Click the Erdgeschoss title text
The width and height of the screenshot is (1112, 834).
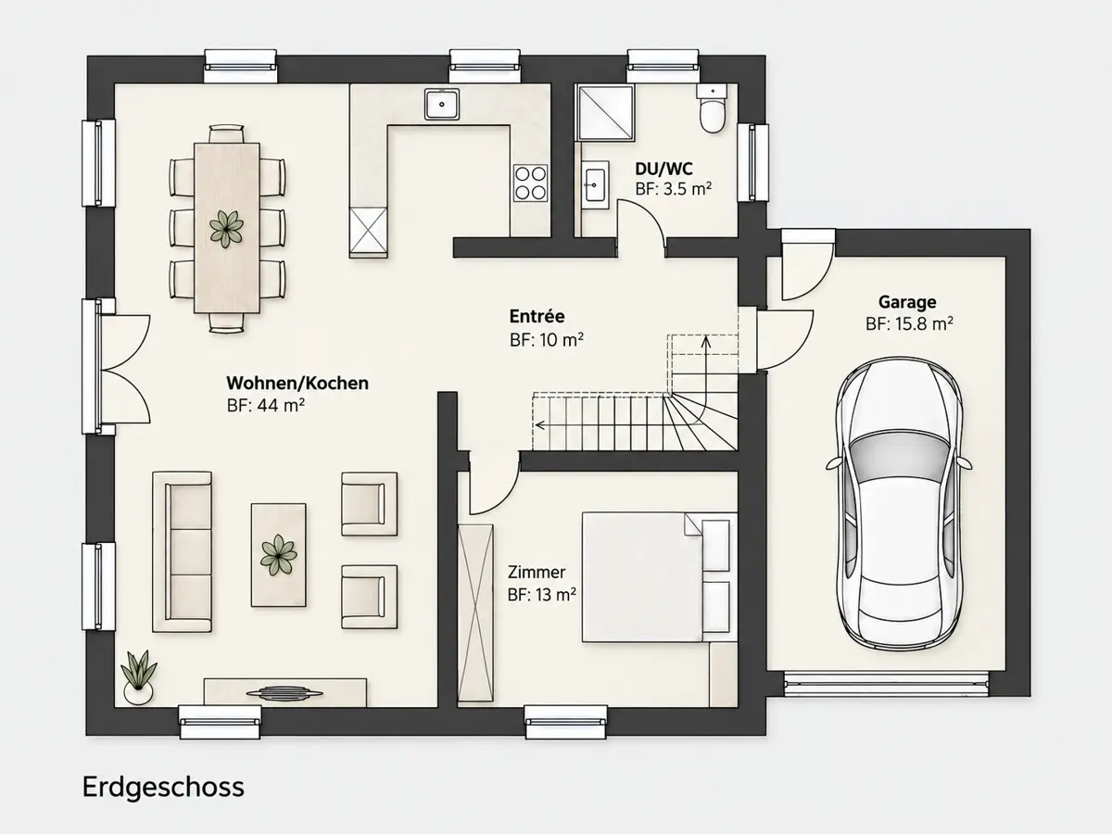(x=163, y=788)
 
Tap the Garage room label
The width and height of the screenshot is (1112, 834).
(x=907, y=302)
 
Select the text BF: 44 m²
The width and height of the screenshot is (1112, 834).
(x=265, y=406)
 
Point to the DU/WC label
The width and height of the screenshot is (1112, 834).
(x=663, y=169)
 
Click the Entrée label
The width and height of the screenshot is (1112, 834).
(x=537, y=317)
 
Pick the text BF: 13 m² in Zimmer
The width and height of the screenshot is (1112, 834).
(x=541, y=595)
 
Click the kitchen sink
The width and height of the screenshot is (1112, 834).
(x=442, y=104)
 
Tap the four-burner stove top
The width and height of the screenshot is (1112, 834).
(x=530, y=183)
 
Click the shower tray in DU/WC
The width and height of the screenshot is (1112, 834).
(x=606, y=112)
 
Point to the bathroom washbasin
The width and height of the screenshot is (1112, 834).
(x=594, y=184)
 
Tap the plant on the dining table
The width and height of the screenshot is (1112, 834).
(x=226, y=230)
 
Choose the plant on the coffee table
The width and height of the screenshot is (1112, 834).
(x=278, y=555)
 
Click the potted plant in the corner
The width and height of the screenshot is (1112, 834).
(x=138, y=677)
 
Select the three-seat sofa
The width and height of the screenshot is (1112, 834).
(x=182, y=552)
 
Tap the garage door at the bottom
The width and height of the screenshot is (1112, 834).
(x=886, y=683)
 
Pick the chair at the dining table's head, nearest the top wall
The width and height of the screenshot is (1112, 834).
(x=226, y=133)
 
